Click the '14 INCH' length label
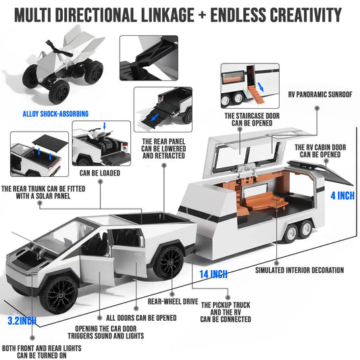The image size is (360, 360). pyautogui.click(x=213, y=274)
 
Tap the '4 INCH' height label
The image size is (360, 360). pyautogui.click(x=342, y=196)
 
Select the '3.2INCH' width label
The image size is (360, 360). pyautogui.click(x=22, y=321)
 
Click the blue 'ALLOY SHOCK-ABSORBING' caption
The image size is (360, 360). pyautogui.click(x=55, y=114)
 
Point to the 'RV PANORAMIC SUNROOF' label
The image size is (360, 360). pyautogui.click(x=320, y=95)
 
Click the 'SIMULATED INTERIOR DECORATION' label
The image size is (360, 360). pyautogui.click(x=299, y=270)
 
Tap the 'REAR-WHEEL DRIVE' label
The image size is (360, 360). pyautogui.click(x=173, y=301)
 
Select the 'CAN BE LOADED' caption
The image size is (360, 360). pyautogui.click(x=100, y=173)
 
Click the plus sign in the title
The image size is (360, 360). pyautogui.click(x=202, y=15)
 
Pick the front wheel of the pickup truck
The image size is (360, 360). pyautogui.click(x=59, y=294)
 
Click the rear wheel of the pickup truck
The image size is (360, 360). pyautogui.click(x=169, y=263)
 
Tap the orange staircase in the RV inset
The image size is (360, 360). pyautogui.click(x=255, y=94)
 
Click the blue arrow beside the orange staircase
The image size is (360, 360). pyautogui.click(x=261, y=87)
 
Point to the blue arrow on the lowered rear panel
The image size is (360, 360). pyautogui.click(x=155, y=118)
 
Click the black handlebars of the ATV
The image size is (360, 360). pyautogui.click(x=59, y=49)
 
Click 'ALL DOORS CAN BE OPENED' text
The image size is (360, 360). pyautogui.click(x=141, y=318)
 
